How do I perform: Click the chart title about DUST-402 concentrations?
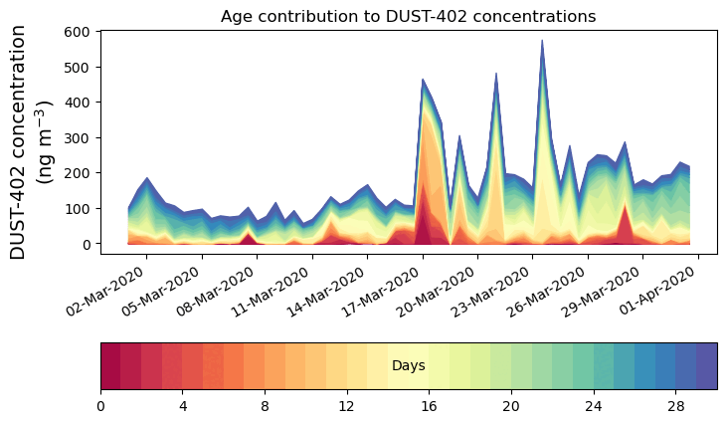(x=408, y=16)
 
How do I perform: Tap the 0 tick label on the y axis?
(x=87, y=244)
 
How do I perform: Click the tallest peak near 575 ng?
(x=542, y=41)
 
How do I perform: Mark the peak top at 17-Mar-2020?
(x=423, y=80)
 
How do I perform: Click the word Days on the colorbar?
(x=409, y=366)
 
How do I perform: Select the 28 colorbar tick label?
(x=676, y=406)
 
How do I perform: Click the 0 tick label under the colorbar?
(x=100, y=406)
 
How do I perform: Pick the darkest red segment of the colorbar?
(x=110, y=366)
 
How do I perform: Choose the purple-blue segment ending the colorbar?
(x=707, y=366)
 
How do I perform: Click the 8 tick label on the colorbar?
(x=265, y=406)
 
